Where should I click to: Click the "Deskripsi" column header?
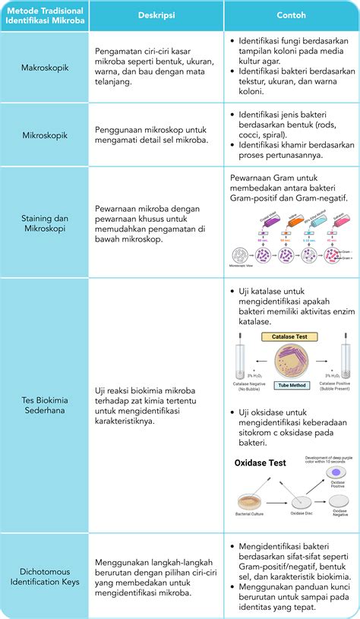[157, 16]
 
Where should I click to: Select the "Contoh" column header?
[292, 16]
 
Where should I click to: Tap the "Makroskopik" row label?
[44, 68]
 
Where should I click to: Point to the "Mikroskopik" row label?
[44, 135]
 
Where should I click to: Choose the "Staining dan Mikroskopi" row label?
[44, 223]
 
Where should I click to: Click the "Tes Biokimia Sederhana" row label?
[44, 406]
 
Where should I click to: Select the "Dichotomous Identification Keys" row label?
[44, 576]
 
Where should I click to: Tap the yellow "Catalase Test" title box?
[291, 336]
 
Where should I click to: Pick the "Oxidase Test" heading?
[260, 463]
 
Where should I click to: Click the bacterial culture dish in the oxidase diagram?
[251, 502]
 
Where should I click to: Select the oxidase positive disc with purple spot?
[336, 472]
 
